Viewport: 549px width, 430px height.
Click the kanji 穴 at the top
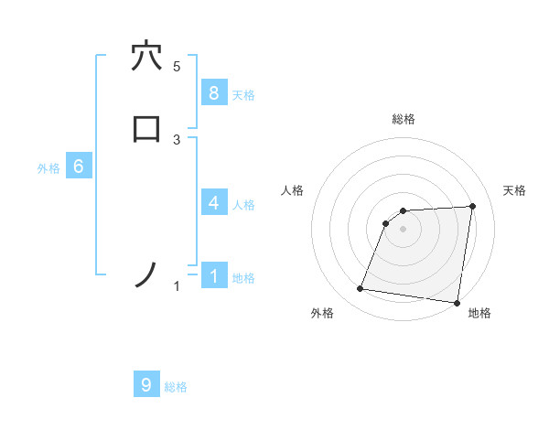pos(146,57)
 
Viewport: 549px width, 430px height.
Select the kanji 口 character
pos(146,128)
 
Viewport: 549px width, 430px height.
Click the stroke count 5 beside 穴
pos(177,67)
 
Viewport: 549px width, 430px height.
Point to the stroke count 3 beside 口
pos(177,139)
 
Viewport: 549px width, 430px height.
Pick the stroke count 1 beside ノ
pos(177,287)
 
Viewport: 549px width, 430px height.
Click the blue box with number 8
pos(213,93)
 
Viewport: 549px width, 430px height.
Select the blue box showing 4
pos(213,203)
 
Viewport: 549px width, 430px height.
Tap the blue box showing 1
pos(213,276)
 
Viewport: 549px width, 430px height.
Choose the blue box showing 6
pos(79,167)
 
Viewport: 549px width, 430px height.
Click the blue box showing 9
pos(146,385)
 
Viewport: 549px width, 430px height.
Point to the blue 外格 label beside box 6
pos(48,168)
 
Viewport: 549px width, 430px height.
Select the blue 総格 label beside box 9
pos(176,387)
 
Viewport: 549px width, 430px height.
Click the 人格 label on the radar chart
pos(292,190)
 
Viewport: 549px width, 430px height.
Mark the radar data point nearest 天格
pos(472,206)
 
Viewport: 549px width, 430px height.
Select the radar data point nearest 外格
pos(361,289)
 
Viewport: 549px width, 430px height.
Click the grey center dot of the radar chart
pos(404,229)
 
